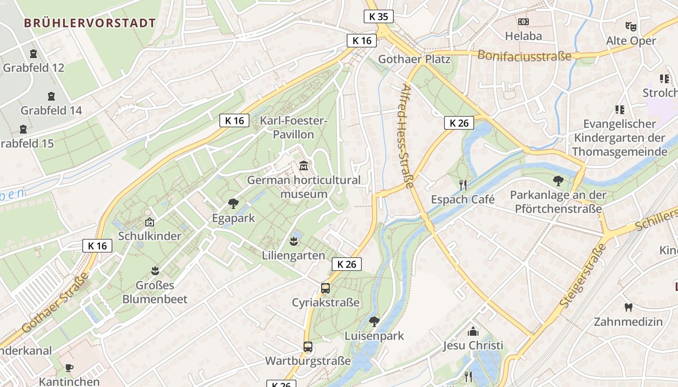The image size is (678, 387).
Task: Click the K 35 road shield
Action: coord(378,16)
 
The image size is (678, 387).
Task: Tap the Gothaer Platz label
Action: coord(414,60)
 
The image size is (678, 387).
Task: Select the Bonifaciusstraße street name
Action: coord(524,55)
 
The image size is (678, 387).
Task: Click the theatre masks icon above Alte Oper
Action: coord(630,26)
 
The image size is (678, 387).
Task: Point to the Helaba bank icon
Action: coord(523,22)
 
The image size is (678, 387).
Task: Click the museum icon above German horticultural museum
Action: coord(304,166)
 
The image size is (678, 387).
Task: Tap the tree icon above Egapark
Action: coord(233,204)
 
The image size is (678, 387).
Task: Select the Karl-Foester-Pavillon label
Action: coord(293,127)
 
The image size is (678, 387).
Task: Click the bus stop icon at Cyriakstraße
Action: coord(325,288)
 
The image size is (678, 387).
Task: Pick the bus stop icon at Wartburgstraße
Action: coord(308,347)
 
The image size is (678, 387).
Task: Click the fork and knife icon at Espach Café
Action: coord(463,185)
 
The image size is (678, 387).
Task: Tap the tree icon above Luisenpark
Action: coord(374,321)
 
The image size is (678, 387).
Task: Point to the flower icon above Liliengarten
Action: coord(293,240)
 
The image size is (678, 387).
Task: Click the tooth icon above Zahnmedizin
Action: coord(629,307)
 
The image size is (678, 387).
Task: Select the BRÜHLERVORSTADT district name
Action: coord(90,23)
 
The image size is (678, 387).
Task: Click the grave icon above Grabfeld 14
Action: coord(51,96)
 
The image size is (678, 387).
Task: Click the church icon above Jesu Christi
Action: coord(473,331)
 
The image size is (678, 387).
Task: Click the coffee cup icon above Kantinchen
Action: coord(69,368)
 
